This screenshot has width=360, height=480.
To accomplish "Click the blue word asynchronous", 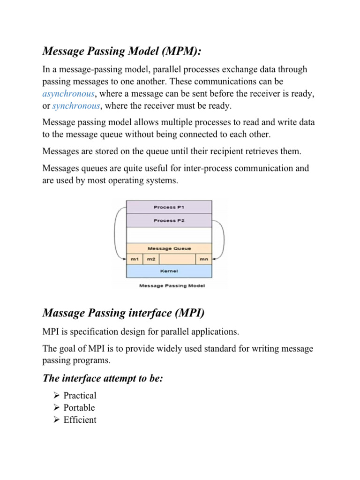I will click(x=70, y=94).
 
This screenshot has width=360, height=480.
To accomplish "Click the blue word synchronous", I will click(x=75, y=106).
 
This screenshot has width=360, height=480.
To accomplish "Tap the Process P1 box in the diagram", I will click(x=169, y=207).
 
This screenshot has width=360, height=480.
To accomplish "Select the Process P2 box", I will click(x=169, y=220).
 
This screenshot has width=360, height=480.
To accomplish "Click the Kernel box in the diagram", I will click(x=169, y=271).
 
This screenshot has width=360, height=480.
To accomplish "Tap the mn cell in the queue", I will click(x=203, y=259).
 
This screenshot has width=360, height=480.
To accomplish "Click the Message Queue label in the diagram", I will click(x=169, y=248).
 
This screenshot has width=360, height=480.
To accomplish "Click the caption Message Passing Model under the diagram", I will click(x=169, y=285).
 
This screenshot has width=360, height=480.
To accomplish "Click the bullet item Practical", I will click(x=80, y=396).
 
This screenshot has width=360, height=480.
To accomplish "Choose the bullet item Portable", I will click(x=79, y=408).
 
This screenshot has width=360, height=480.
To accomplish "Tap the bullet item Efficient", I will click(x=80, y=420).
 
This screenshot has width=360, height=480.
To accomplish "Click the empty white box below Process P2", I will click(x=169, y=235).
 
